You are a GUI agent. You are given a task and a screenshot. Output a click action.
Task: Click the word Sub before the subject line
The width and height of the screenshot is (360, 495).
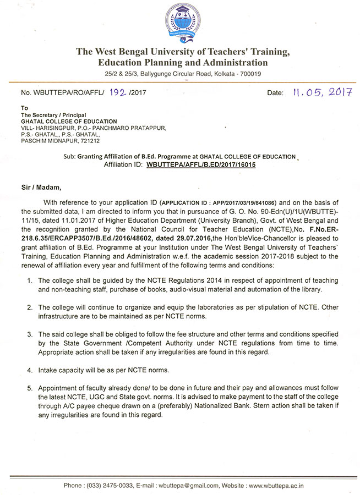[69, 156]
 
